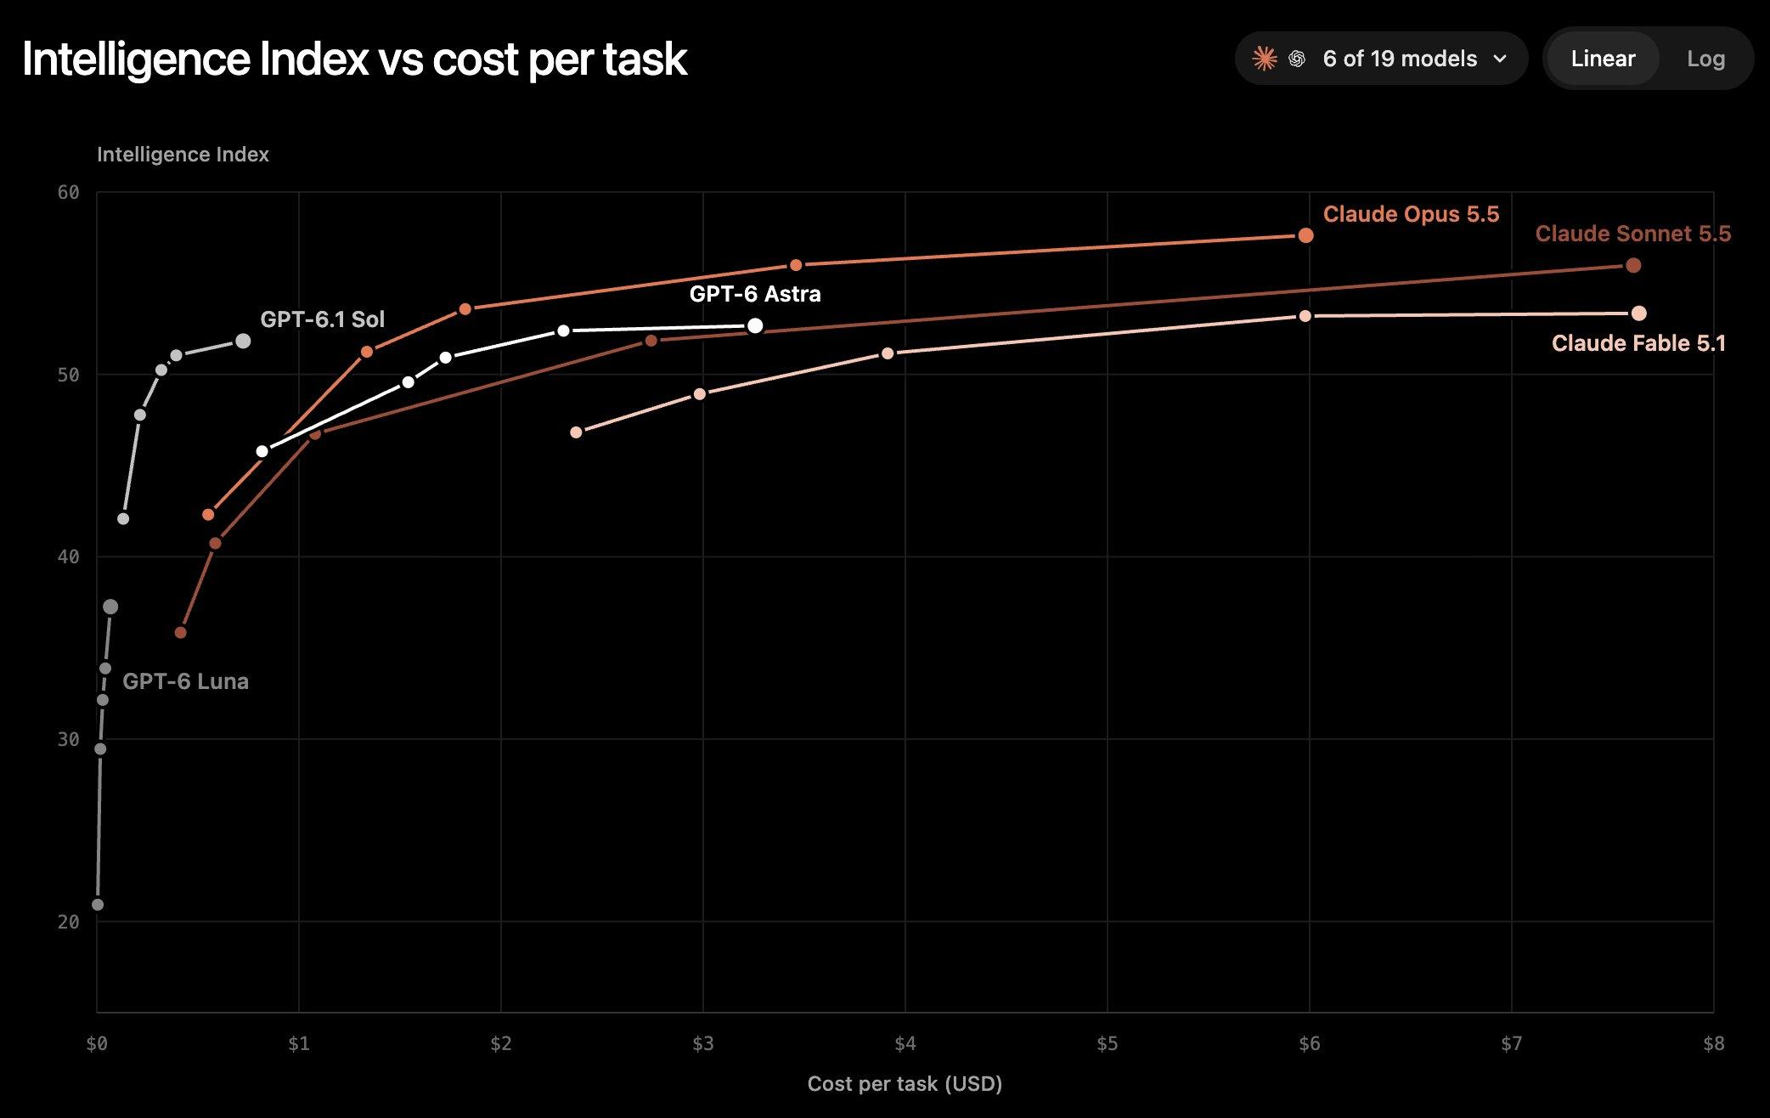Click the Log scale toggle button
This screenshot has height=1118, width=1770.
point(1705,59)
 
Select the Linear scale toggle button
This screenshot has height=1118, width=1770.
point(1603,59)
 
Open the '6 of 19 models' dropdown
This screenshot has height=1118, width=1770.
point(1381,59)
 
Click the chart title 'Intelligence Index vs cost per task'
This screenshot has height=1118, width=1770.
point(354,59)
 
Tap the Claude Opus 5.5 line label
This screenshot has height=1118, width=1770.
point(1411,214)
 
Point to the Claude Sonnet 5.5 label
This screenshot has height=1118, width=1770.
point(1632,234)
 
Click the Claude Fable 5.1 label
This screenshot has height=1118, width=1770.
point(1638,343)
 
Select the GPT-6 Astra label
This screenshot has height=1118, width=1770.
point(755,294)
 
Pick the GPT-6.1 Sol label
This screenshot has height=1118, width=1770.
point(322,319)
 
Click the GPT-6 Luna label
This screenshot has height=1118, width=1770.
point(185,681)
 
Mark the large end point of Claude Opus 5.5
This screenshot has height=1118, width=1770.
point(1305,235)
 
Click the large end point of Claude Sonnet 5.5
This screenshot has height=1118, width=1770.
point(1632,266)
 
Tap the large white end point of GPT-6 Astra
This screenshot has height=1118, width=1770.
point(754,326)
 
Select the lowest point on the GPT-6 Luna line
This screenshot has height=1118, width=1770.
point(98,905)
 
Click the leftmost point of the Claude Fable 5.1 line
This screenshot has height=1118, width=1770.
point(576,432)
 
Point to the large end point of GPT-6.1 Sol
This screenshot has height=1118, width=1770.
point(243,341)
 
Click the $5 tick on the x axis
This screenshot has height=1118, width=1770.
point(1107,1044)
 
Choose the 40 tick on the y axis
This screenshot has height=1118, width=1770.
point(68,557)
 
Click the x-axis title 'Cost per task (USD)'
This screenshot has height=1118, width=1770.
point(905,1084)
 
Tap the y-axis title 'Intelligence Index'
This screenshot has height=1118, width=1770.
point(183,155)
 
